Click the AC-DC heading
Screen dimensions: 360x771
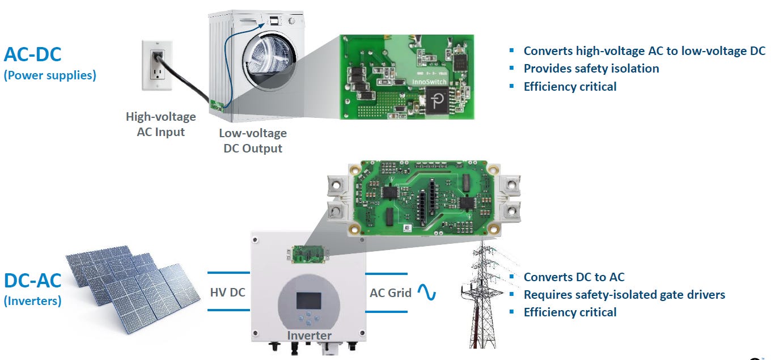coord(33,54)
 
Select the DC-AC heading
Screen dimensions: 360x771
coord(33,281)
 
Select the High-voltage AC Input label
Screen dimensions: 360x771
coord(161,124)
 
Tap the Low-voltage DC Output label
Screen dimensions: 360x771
coord(252,141)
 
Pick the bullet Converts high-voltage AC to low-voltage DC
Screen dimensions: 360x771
coord(644,51)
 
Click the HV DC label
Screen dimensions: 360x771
coord(228,293)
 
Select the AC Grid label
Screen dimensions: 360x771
coord(391,293)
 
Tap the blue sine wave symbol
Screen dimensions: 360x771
coord(426,292)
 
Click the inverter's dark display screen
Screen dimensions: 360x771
coord(308,300)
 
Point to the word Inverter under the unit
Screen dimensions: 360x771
coord(309,335)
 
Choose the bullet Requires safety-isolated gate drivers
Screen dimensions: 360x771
coord(624,295)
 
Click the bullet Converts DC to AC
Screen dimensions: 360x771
coord(574,277)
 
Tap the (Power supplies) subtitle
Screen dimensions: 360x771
coord(50,75)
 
